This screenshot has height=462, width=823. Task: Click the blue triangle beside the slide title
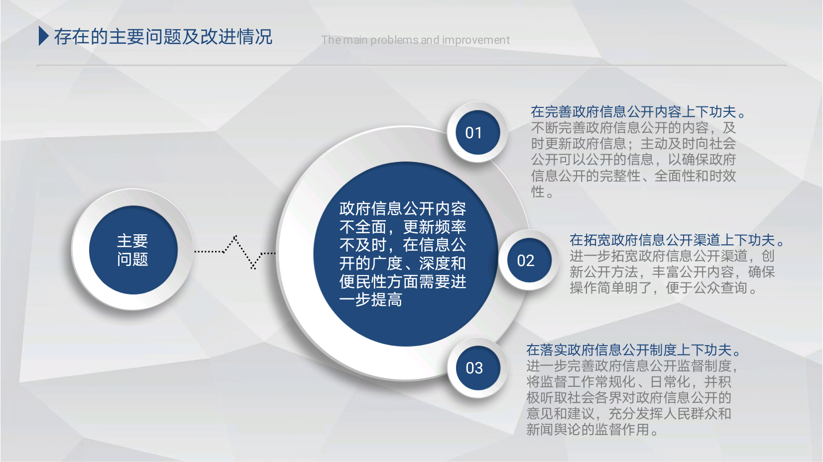coord(43,36)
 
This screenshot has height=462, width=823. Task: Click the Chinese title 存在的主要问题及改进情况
coord(163,37)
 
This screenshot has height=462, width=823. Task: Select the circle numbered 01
coord(477,132)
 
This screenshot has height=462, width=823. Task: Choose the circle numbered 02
coord(529,261)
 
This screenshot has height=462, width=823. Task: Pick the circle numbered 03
coord(478,368)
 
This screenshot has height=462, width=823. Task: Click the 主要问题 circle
coord(133,250)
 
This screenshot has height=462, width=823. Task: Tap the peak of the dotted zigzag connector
coord(235,236)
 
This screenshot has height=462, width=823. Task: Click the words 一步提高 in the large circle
coord(370,300)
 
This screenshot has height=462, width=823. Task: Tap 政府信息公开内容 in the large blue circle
coord(403,208)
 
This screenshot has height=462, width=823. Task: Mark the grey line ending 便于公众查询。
coord(663,288)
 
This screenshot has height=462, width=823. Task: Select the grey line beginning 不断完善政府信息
coord(633,128)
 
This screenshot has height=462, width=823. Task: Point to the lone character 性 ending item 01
coord(538,191)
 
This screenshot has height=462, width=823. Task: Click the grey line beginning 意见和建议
coord(629,413)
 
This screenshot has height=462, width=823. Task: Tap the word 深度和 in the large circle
coord(442,263)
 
